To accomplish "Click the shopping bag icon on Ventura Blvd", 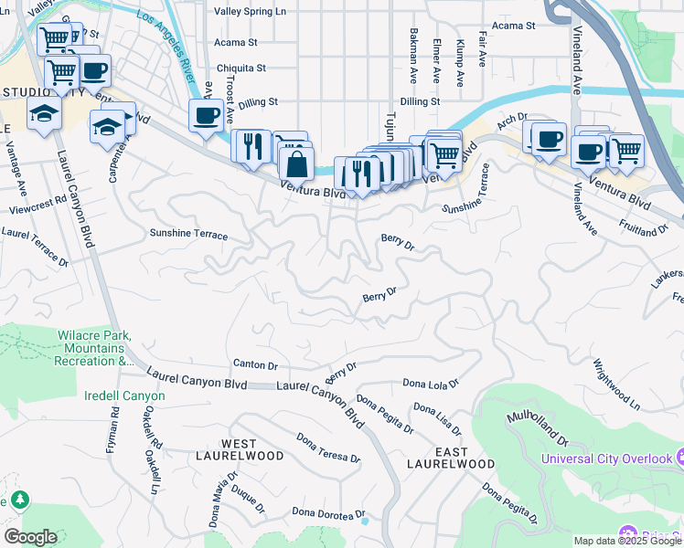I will coord(297,165).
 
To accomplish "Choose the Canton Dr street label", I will coord(255,364).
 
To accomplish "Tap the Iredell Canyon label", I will coord(125,395).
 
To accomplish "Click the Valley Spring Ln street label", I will coord(251,12).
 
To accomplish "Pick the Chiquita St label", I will coord(240,68).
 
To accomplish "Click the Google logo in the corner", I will coord(30,537).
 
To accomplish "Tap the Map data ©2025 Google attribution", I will coord(627,541).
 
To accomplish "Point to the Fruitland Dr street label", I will coord(644,227).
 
